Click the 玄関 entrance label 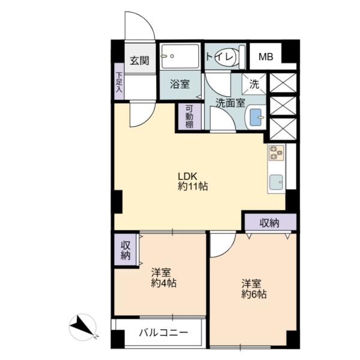click(140, 61)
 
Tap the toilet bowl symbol click(226, 56)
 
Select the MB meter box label click(266, 57)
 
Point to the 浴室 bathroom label click(180, 84)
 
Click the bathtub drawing click(180, 56)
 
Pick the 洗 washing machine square click(254, 84)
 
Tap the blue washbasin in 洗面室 click(256, 118)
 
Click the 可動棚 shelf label click(190, 116)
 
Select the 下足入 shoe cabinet click(119, 82)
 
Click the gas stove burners click(277, 152)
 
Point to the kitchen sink click(276, 182)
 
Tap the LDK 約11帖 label click(193, 181)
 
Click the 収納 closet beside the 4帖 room click(126, 250)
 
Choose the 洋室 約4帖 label click(164, 278)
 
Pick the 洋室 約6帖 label click(254, 289)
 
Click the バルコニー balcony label click(164, 332)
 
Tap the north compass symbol click(83, 327)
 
